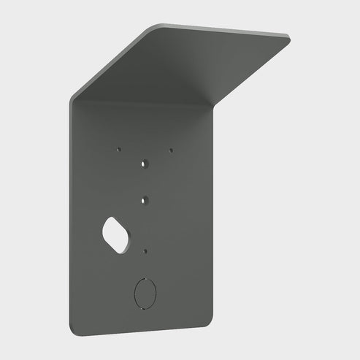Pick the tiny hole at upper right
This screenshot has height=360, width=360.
[171, 150]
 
